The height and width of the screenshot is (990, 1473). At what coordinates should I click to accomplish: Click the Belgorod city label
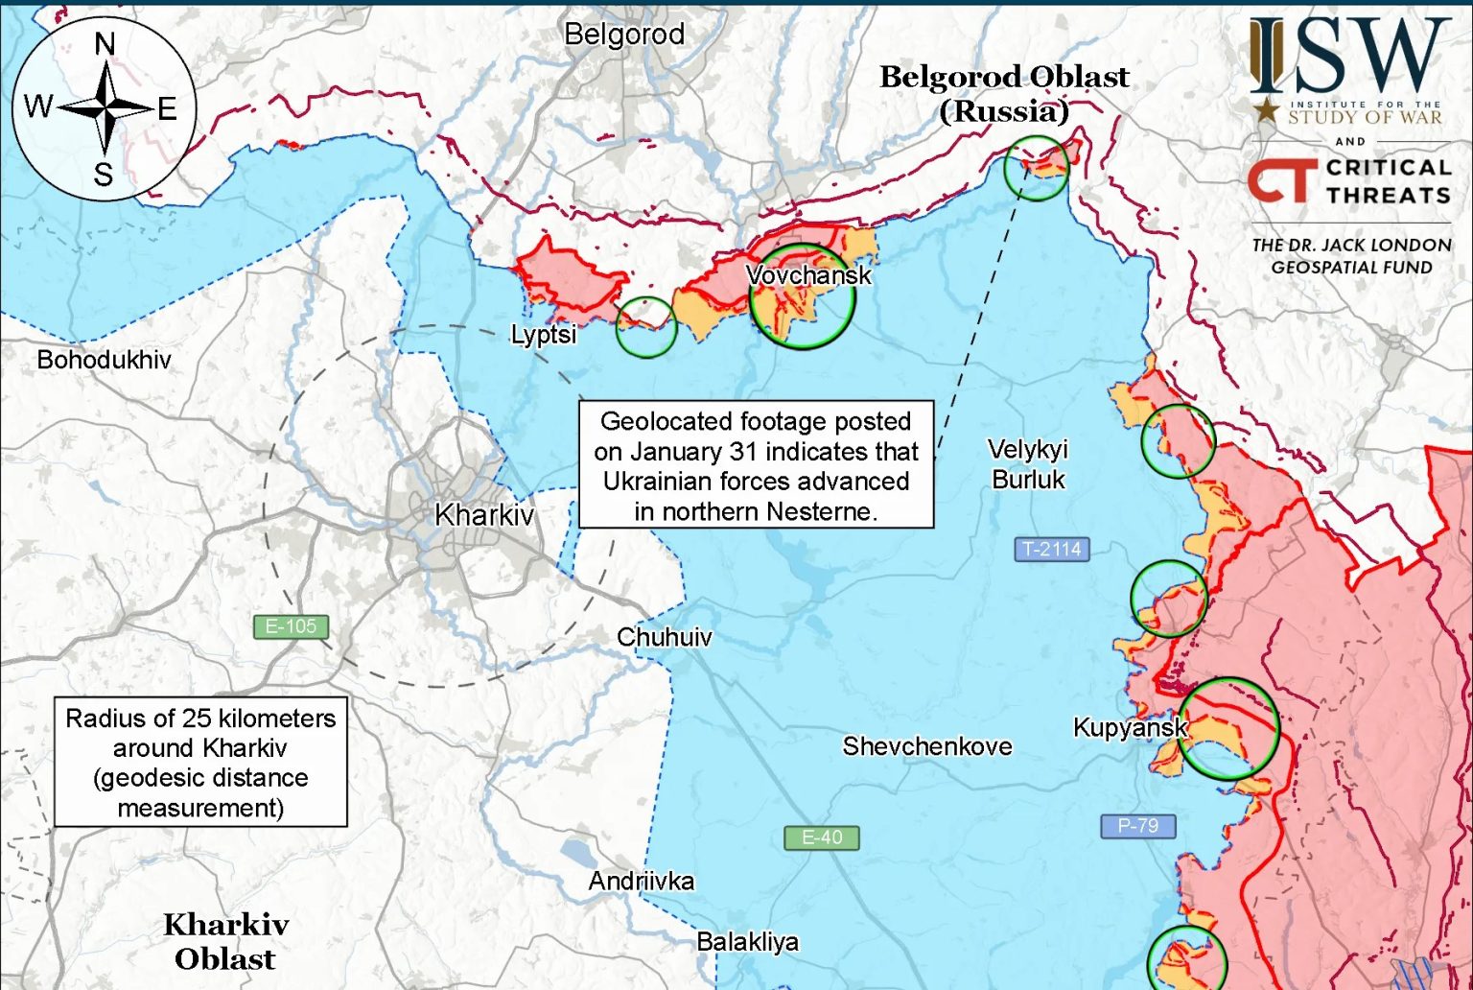624,35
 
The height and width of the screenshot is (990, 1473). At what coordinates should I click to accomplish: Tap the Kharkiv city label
484,515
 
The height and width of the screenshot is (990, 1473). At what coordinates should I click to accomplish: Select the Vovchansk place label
808,275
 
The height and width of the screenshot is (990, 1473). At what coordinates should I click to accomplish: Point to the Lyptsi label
544,334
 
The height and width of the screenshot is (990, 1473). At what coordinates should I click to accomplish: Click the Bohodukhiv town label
104,360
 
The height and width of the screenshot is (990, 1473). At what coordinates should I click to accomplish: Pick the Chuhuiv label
664,637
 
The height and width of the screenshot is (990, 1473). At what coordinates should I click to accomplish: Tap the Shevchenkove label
926,746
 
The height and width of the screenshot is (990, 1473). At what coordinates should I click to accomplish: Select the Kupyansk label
1130,727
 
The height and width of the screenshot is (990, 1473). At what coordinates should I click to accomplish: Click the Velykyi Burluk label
1028,464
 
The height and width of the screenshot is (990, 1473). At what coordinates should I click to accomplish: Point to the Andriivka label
641,881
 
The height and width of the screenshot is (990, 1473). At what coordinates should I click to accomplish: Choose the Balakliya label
747,942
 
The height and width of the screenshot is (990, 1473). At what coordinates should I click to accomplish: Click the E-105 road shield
291,626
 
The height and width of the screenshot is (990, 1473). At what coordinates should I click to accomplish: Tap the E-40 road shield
822,837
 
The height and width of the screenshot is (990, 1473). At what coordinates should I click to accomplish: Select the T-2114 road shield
1051,550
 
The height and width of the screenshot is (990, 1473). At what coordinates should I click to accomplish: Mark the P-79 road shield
1137,826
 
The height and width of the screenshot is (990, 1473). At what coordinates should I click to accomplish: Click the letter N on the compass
105,44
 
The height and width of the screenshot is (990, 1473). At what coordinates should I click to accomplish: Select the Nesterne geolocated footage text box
756,465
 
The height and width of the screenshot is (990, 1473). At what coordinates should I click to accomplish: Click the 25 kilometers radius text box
200,763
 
